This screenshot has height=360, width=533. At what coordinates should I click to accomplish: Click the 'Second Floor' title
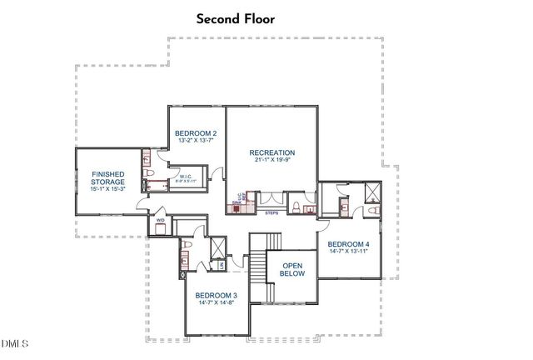coord(236,18)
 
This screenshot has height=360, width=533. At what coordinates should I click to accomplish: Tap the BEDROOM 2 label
coord(196,133)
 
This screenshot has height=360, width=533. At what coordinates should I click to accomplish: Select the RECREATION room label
coord(272,152)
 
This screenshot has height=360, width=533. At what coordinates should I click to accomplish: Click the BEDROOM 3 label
coord(217,296)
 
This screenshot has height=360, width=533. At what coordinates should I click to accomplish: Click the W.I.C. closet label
coord(187,177)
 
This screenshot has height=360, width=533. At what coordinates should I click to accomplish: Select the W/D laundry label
coord(162,220)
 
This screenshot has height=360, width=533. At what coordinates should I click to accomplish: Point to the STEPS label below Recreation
coord(271,213)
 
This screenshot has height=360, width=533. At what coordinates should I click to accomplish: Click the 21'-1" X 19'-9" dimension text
coord(272,160)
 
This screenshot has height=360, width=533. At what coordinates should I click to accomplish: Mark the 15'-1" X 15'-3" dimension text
coord(108,189)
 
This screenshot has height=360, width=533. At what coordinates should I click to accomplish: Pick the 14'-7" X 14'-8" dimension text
coord(217,303)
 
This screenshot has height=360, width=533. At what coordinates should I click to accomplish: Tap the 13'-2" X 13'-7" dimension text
coord(196,141)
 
